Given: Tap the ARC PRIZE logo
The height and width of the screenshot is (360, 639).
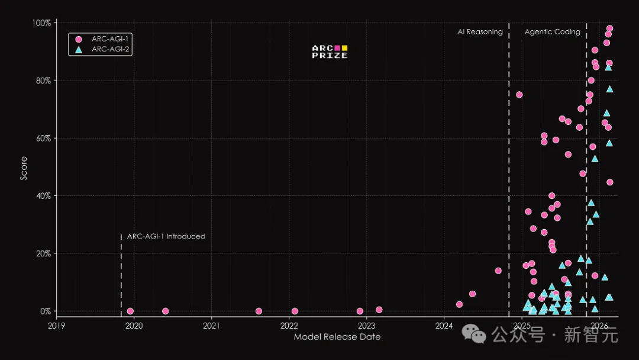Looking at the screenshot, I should (x=330, y=52).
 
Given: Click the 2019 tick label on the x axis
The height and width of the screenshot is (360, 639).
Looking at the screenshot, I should (x=57, y=325).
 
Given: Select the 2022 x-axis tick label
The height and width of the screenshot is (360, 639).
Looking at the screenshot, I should (x=289, y=325).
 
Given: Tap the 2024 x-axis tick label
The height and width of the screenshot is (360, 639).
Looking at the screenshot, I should (x=444, y=325).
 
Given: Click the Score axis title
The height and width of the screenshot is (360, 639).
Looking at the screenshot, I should (x=24, y=168).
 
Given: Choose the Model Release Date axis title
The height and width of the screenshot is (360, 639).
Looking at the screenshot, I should (x=337, y=337).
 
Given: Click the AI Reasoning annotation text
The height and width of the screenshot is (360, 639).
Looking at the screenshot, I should (x=480, y=32).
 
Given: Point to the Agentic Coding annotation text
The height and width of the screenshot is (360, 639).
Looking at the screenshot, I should (x=553, y=32).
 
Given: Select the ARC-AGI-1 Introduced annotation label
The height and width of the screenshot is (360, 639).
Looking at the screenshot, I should (x=166, y=236).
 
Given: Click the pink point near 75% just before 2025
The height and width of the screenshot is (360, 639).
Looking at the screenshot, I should (x=519, y=95).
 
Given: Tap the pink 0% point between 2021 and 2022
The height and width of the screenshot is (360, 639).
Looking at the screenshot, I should (x=259, y=311).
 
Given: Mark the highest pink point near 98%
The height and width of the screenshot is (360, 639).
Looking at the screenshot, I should (x=609, y=28).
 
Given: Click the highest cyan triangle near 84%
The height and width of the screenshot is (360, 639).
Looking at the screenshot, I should (x=608, y=67).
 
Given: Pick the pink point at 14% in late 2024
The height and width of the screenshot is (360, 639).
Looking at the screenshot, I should (x=498, y=271).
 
